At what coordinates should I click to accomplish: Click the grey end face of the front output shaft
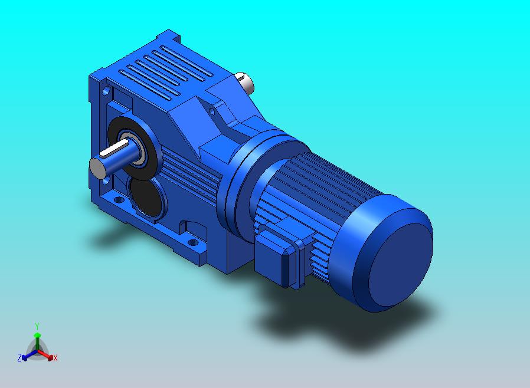pos(98,167)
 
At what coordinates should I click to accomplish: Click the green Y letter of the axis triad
pos(37,326)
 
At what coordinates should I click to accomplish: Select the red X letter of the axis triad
pos(55,358)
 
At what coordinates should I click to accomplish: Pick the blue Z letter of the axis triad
pos(19,357)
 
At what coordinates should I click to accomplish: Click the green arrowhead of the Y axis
pos(37,335)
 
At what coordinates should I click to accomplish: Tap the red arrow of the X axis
pos(45,354)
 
